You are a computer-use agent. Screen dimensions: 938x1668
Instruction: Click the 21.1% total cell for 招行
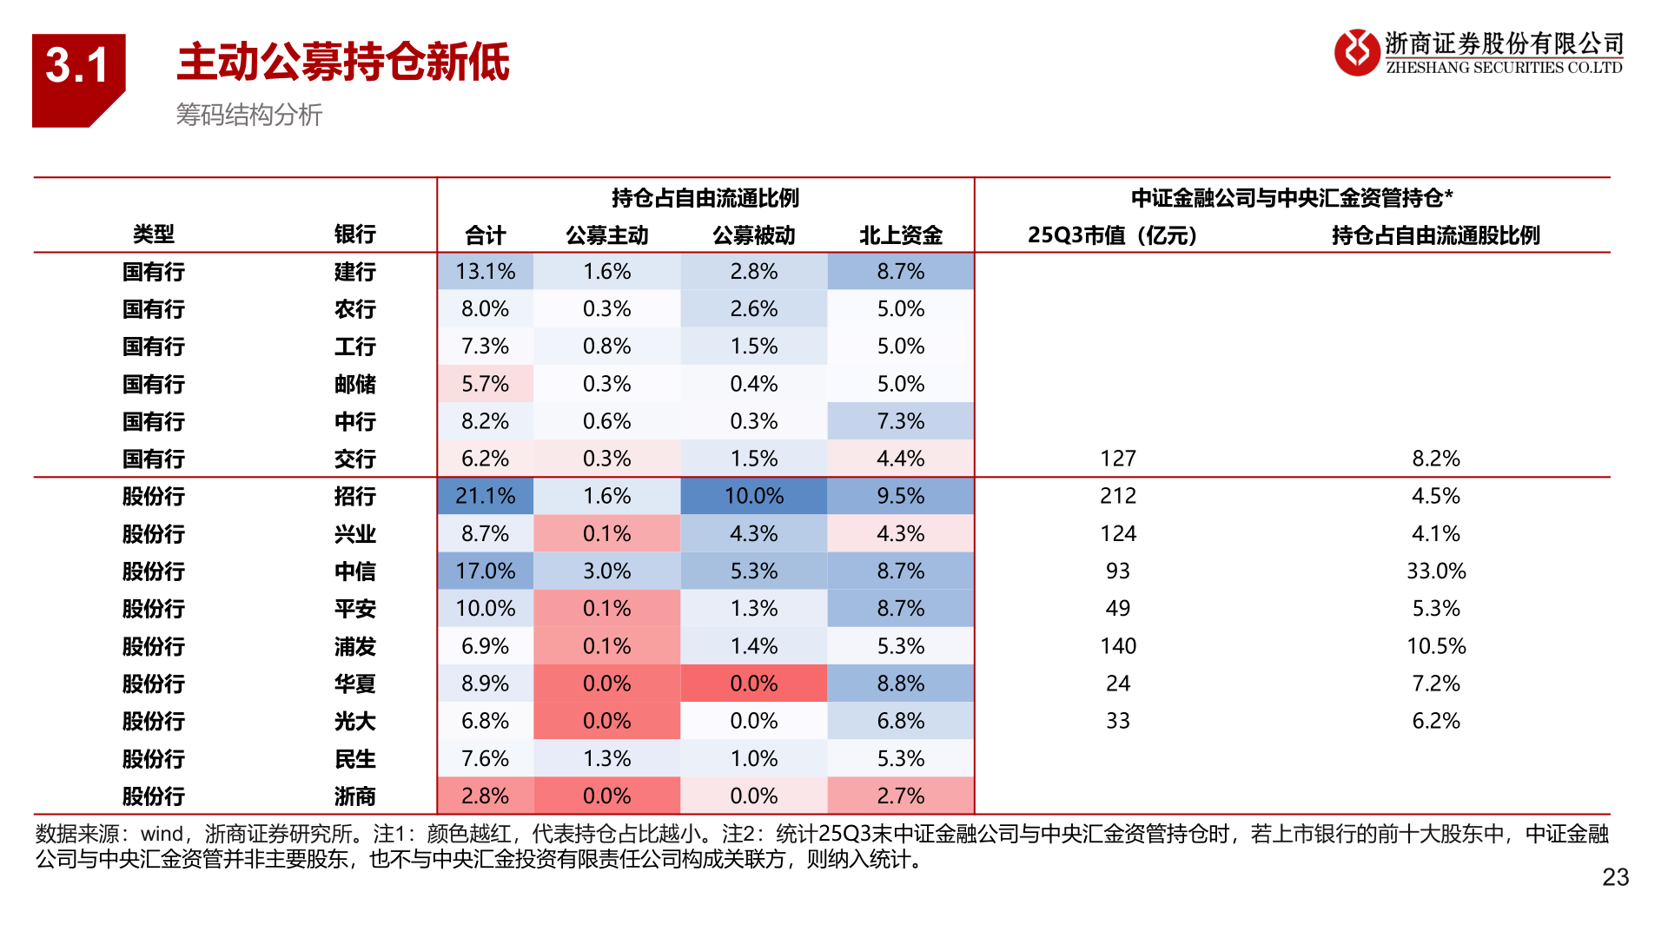(x=485, y=496)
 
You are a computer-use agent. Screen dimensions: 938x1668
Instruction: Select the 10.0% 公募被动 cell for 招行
(x=753, y=496)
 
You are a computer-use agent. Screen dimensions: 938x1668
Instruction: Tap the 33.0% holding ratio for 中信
(x=1435, y=571)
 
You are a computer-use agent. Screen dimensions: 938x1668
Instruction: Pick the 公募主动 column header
(x=606, y=235)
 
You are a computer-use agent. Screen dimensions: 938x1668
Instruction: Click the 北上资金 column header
(x=900, y=235)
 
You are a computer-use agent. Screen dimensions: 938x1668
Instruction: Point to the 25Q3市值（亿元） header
(x=1112, y=235)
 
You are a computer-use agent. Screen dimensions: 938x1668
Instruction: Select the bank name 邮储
(x=354, y=384)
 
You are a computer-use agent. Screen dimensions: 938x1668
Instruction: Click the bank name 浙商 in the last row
(x=354, y=796)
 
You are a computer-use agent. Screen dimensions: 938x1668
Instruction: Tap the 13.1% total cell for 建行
(x=485, y=272)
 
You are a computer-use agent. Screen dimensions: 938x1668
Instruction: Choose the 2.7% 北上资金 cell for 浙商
(x=900, y=796)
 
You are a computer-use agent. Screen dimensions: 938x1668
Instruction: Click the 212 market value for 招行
(x=1117, y=496)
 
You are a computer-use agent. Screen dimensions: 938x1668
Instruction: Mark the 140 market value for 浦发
(x=1117, y=646)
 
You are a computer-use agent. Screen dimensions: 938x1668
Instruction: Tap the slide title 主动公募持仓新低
(x=343, y=63)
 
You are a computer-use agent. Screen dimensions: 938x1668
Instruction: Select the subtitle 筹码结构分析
(x=248, y=115)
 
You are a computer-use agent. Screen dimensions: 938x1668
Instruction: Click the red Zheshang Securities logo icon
(x=1356, y=52)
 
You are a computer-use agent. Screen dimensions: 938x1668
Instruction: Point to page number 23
(x=1615, y=877)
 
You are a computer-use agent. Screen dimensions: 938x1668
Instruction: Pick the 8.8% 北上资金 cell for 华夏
(x=900, y=684)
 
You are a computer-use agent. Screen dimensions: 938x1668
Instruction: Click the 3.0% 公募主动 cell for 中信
(x=606, y=571)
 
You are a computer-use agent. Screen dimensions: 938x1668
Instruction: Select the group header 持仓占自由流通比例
(x=705, y=198)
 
